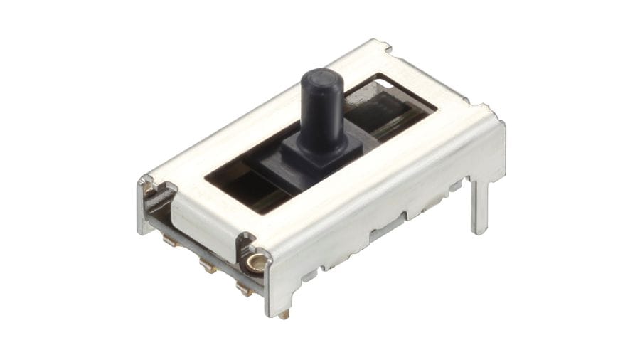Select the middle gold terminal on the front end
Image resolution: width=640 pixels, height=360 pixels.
point(207,267)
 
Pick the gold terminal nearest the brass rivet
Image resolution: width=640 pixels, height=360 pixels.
point(243,288)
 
